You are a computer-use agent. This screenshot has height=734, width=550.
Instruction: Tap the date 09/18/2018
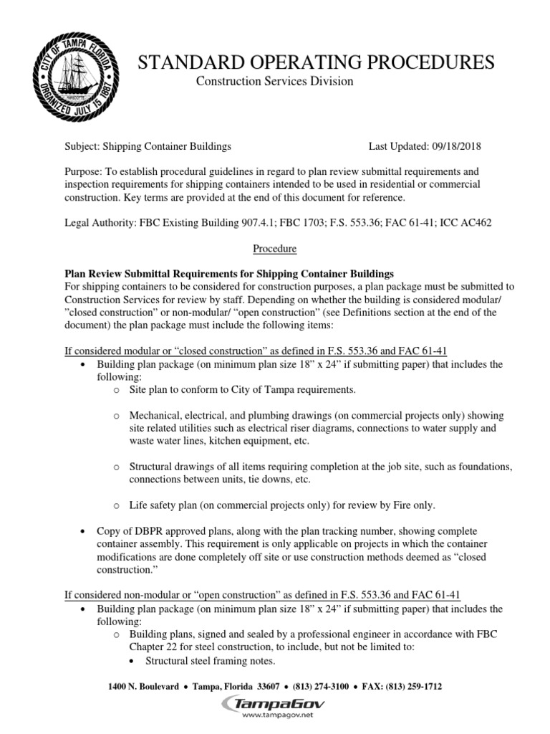click(x=455, y=146)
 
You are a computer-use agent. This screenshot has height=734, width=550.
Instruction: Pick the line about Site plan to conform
click(x=242, y=389)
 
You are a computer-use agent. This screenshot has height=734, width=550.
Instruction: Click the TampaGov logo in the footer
click(x=275, y=705)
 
